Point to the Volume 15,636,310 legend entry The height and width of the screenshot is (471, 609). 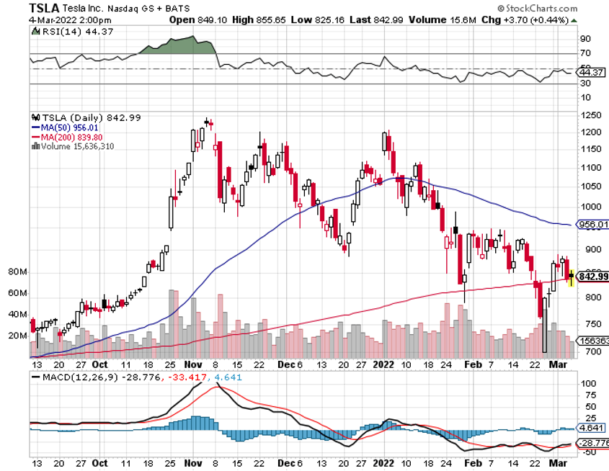pyautogui.click(x=76, y=146)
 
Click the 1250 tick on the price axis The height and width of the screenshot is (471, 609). pyautogui.click(x=592, y=115)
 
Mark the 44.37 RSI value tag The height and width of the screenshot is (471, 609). pyautogui.click(x=595, y=72)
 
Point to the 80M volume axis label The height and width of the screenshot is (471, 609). pyautogui.click(x=18, y=272)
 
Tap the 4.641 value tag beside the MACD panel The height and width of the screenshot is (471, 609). pyautogui.click(x=594, y=428)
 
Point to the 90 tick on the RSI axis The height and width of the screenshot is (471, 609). pyautogui.click(x=586, y=38)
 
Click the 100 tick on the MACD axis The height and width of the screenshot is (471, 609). pyautogui.click(x=588, y=384)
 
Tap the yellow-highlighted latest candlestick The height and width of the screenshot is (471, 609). pyautogui.click(x=572, y=276)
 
